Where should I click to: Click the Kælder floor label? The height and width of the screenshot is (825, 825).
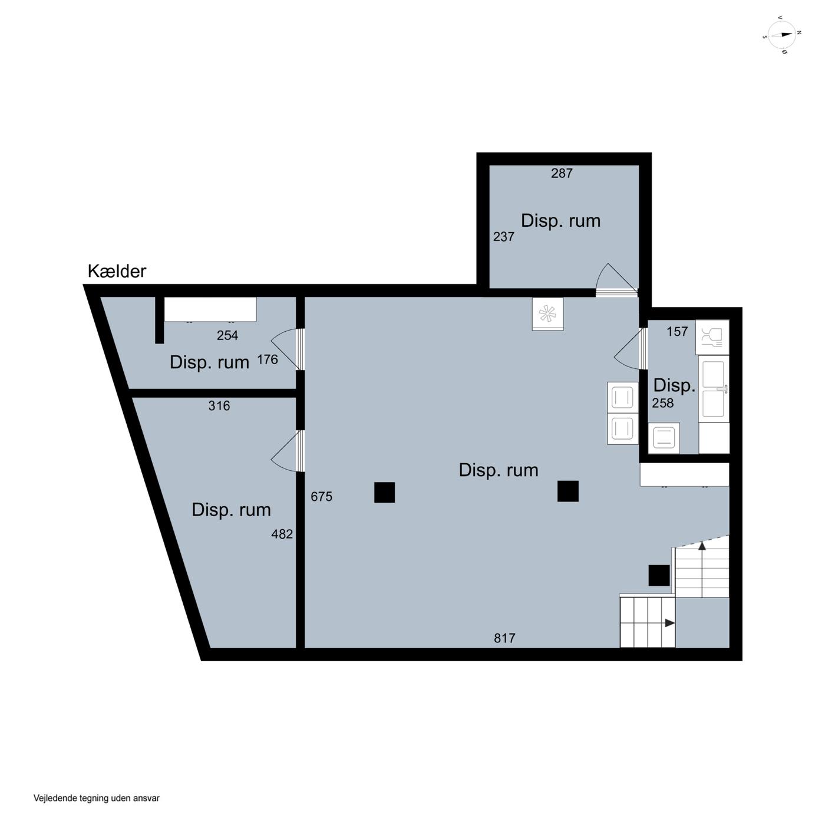point(117,271)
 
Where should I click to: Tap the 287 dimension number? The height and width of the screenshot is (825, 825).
point(561,173)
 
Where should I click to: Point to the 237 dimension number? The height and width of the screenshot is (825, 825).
point(503,236)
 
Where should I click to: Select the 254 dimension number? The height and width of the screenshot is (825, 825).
point(227,335)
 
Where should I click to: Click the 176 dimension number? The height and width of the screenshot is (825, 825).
point(267,359)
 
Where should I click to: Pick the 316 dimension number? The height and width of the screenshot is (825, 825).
point(219,405)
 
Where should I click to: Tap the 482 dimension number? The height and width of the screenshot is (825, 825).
point(282,534)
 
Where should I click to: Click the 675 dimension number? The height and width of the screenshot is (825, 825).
point(321,496)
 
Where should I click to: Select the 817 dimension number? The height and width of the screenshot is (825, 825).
point(504,638)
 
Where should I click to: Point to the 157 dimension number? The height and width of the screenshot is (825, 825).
point(677,331)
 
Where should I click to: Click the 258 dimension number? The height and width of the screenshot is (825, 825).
point(662,403)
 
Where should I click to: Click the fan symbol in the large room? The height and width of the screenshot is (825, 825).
point(547,314)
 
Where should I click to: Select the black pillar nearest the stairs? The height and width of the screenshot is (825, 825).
point(658,575)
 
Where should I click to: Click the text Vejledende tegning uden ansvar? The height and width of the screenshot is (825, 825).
point(96,798)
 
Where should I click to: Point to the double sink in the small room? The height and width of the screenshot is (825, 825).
point(713,389)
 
